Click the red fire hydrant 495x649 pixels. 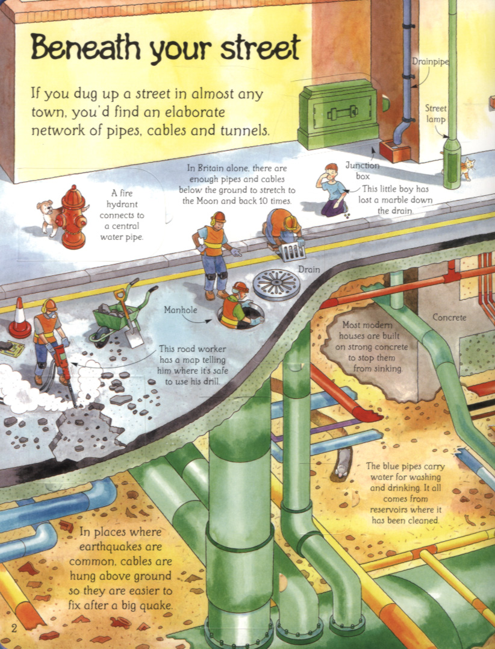tap(73, 217)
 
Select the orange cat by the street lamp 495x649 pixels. tap(467, 168)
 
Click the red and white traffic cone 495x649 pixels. tap(20, 318)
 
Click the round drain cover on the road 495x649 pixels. tap(276, 284)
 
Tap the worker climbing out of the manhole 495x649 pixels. tap(238, 306)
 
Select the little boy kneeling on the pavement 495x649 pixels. tap(332, 190)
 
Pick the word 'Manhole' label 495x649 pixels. tap(180, 310)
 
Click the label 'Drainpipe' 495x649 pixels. tap(430, 61)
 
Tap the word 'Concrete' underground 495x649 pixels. tap(449, 318)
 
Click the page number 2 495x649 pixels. tap(14, 629)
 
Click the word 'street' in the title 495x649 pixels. tap(260, 49)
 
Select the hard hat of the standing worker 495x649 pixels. tap(218, 216)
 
